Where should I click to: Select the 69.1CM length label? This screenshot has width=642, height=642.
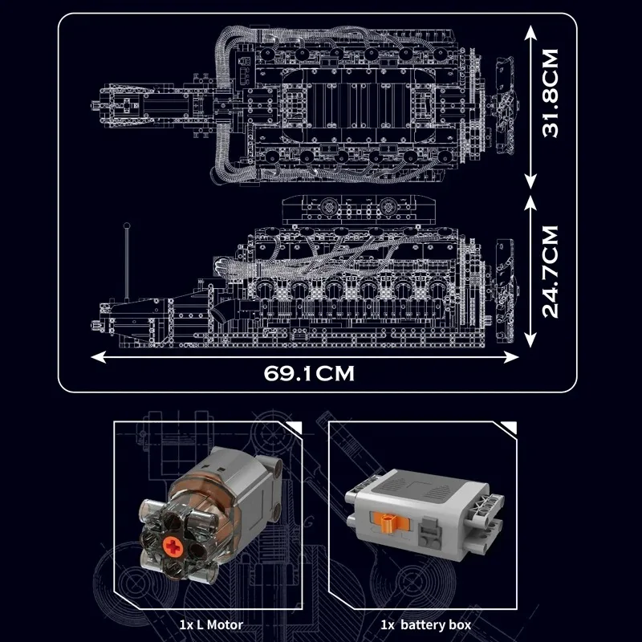[309, 372]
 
